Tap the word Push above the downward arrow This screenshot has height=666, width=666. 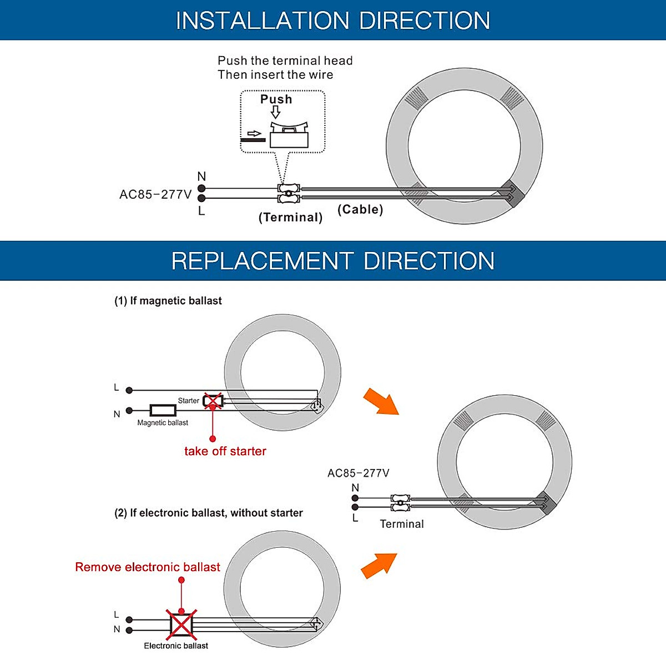pos(276,99)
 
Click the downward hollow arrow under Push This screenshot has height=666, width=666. pos(276,113)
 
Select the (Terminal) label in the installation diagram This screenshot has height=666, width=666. pos(290,217)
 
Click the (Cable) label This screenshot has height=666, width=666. pos(360,209)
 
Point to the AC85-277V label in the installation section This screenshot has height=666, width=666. pos(155,195)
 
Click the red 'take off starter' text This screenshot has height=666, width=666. pos(225,451)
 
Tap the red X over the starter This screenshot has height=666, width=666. pos(213,401)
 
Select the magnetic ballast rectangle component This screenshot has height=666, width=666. pos(163,411)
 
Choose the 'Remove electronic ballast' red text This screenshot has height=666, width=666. pos(148,567)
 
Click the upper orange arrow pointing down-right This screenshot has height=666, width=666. pos(381,401)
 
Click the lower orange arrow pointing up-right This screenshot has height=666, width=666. pos(379,566)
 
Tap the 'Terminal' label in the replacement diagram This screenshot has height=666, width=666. pos(401,524)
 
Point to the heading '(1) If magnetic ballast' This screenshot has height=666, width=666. pos(168,301)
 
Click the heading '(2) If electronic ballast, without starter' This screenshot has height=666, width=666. pos(209,513)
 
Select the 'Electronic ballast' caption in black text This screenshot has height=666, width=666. pos(176,646)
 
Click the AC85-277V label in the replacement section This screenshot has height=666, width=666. pos(358,473)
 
